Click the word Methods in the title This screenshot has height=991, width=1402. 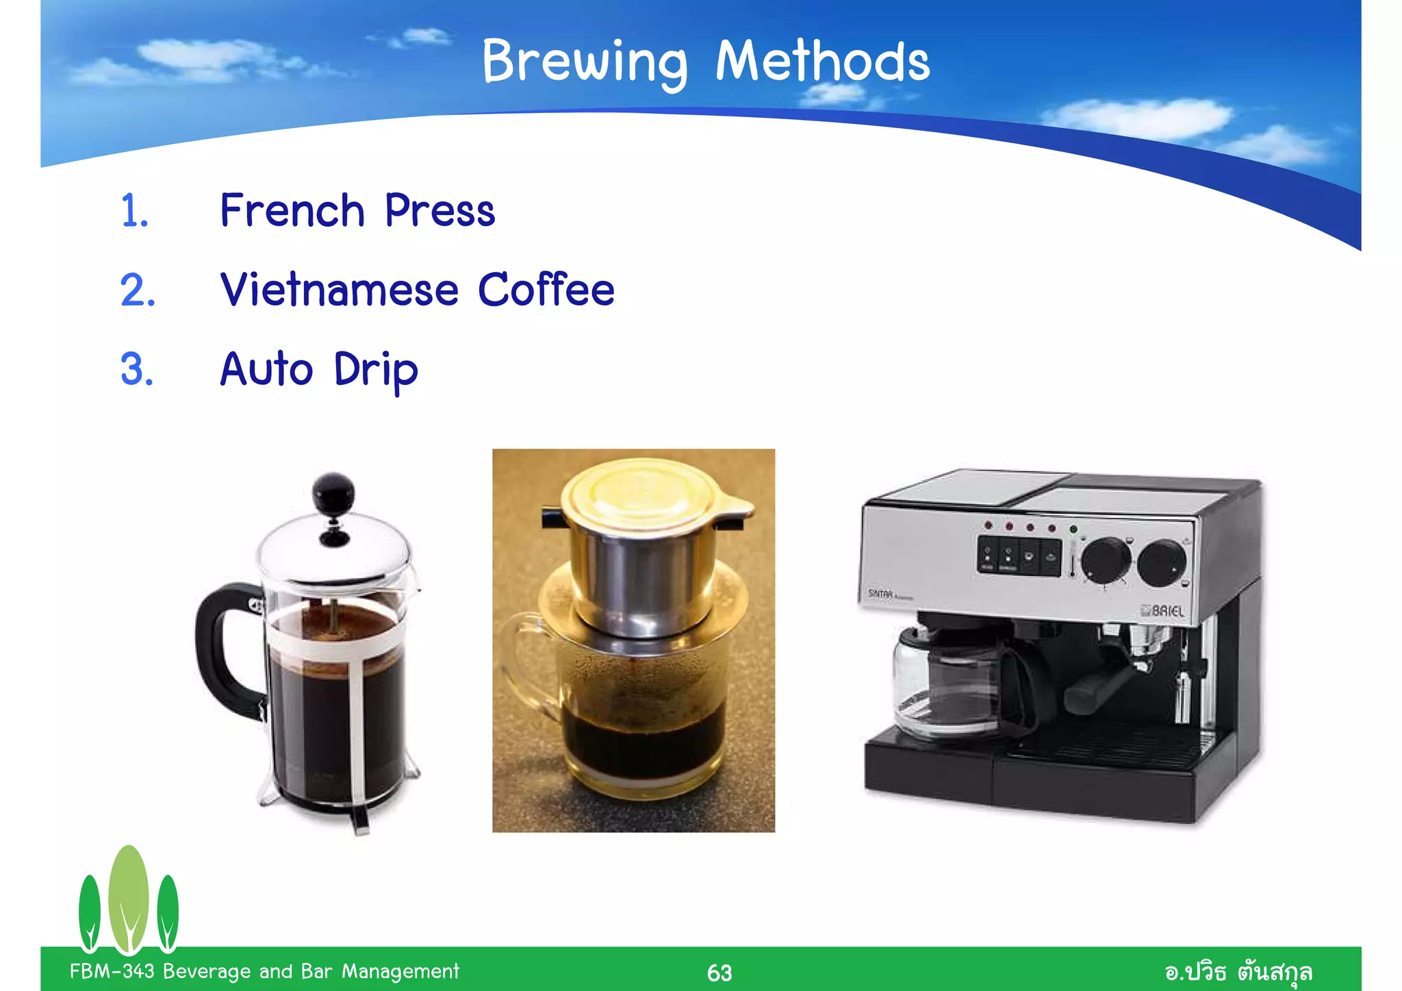click(822, 62)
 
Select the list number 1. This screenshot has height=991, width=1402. click(134, 211)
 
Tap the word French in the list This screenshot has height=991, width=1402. click(292, 210)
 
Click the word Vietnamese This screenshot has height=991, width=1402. click(339, 290)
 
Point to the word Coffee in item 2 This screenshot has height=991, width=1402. click(546, 290)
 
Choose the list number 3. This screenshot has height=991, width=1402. click(136, 370)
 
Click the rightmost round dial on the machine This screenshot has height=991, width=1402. click(1161, 563)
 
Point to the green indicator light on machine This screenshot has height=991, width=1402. click(1073, 529)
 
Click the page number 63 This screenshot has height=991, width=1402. click(719, 973)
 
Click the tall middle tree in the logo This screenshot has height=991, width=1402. click(128, 897)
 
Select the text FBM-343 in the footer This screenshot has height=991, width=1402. click(112, 971)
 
